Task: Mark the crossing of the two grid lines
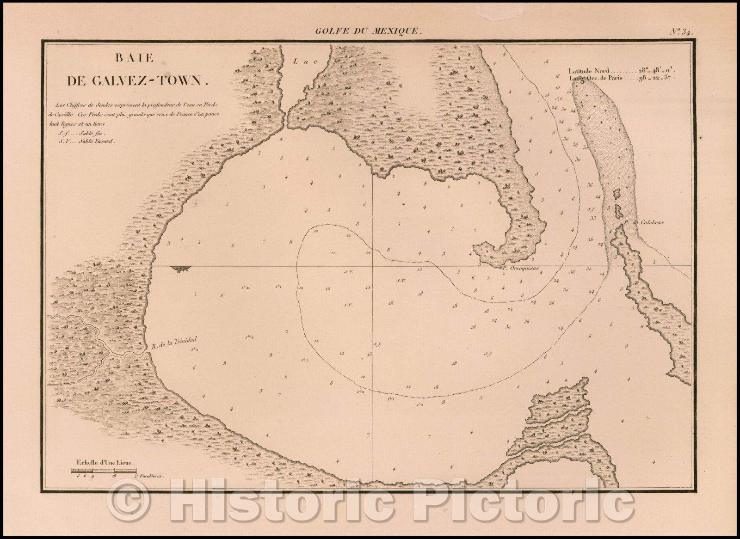(x=373, y=266)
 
